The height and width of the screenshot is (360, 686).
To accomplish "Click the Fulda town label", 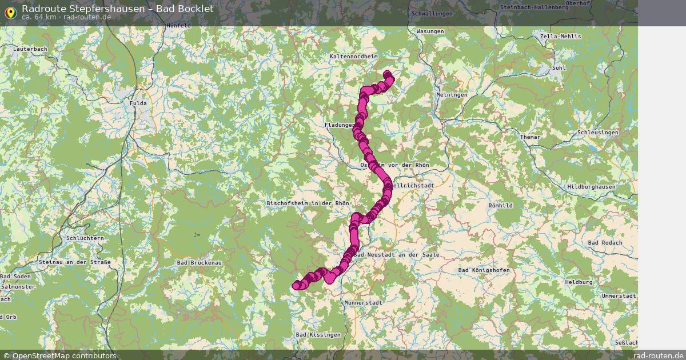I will click(138, 103).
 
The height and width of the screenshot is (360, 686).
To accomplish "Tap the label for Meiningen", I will click(452, 95).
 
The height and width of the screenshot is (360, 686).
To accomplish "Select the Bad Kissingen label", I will click(318, 334).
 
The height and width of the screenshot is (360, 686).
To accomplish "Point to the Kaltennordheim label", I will click(354, 57).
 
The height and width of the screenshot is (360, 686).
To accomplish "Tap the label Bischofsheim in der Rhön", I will click(308, 203).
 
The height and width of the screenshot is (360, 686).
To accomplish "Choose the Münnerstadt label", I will click(364, 302).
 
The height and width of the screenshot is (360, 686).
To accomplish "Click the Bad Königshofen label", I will click(484, 270).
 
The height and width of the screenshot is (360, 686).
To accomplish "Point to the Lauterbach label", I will click(30, 50).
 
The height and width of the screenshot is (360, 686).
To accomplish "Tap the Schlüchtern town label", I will click(85, 238).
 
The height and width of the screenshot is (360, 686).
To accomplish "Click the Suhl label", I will click(559, 68).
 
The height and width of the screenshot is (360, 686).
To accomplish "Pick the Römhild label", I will click(501, 205).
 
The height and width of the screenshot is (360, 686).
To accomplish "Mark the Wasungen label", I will click(430, 31).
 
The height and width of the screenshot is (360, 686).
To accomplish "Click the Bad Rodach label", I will click(605, 243).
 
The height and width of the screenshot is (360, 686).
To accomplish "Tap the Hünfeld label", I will click(178, 26).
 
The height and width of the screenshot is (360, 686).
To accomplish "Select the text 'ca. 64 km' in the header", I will click(39, 17).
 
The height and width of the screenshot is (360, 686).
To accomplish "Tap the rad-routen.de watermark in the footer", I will click(659, 355).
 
